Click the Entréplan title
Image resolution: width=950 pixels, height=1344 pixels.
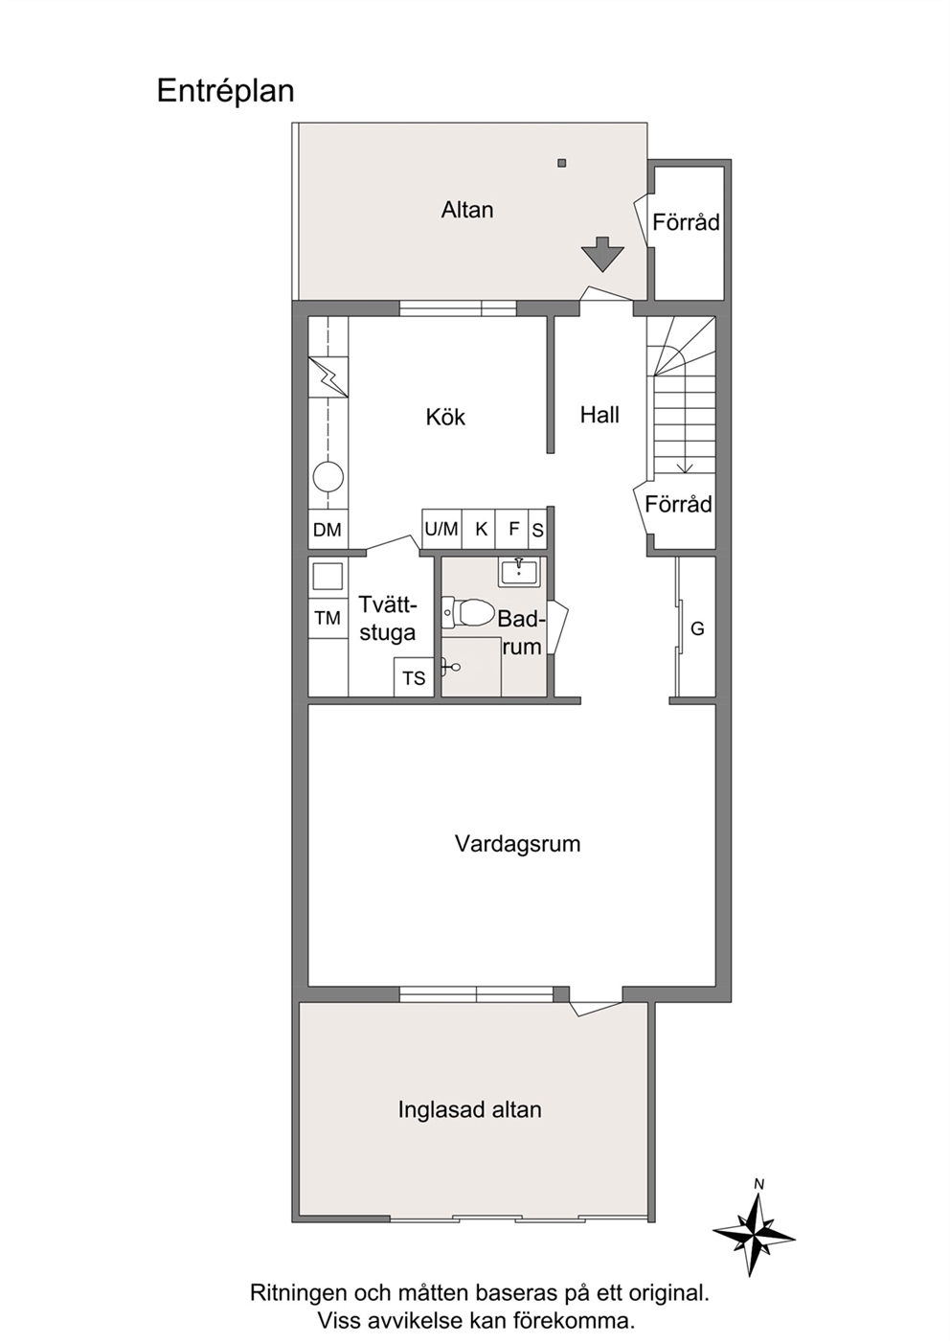point(225,92)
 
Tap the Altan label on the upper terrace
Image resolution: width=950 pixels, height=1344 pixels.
point(467,210)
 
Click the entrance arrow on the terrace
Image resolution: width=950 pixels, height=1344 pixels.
point(602,254)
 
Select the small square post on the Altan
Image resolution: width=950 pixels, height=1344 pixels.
point(562,163)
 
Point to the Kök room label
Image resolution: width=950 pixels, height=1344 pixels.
point(445,417)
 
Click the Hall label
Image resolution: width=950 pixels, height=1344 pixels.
point(599,415)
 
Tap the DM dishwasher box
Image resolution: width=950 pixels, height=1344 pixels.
point(328,529)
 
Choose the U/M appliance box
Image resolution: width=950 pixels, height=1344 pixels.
point(442,529)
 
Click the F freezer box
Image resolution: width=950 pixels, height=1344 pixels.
point(511,529)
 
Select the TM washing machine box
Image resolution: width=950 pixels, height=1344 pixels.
point(328,618)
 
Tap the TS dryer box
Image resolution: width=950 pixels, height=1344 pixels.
point(414,677)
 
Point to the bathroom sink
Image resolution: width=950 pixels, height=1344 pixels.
point(519,572)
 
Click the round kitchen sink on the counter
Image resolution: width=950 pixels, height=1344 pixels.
point(328,478)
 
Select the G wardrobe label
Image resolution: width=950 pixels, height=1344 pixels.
point(697,628)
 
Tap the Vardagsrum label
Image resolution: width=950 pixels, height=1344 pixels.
point(517,844)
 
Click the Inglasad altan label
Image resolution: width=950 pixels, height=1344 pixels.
point(469,1109)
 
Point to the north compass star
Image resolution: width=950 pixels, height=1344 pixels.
point(754,1233)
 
